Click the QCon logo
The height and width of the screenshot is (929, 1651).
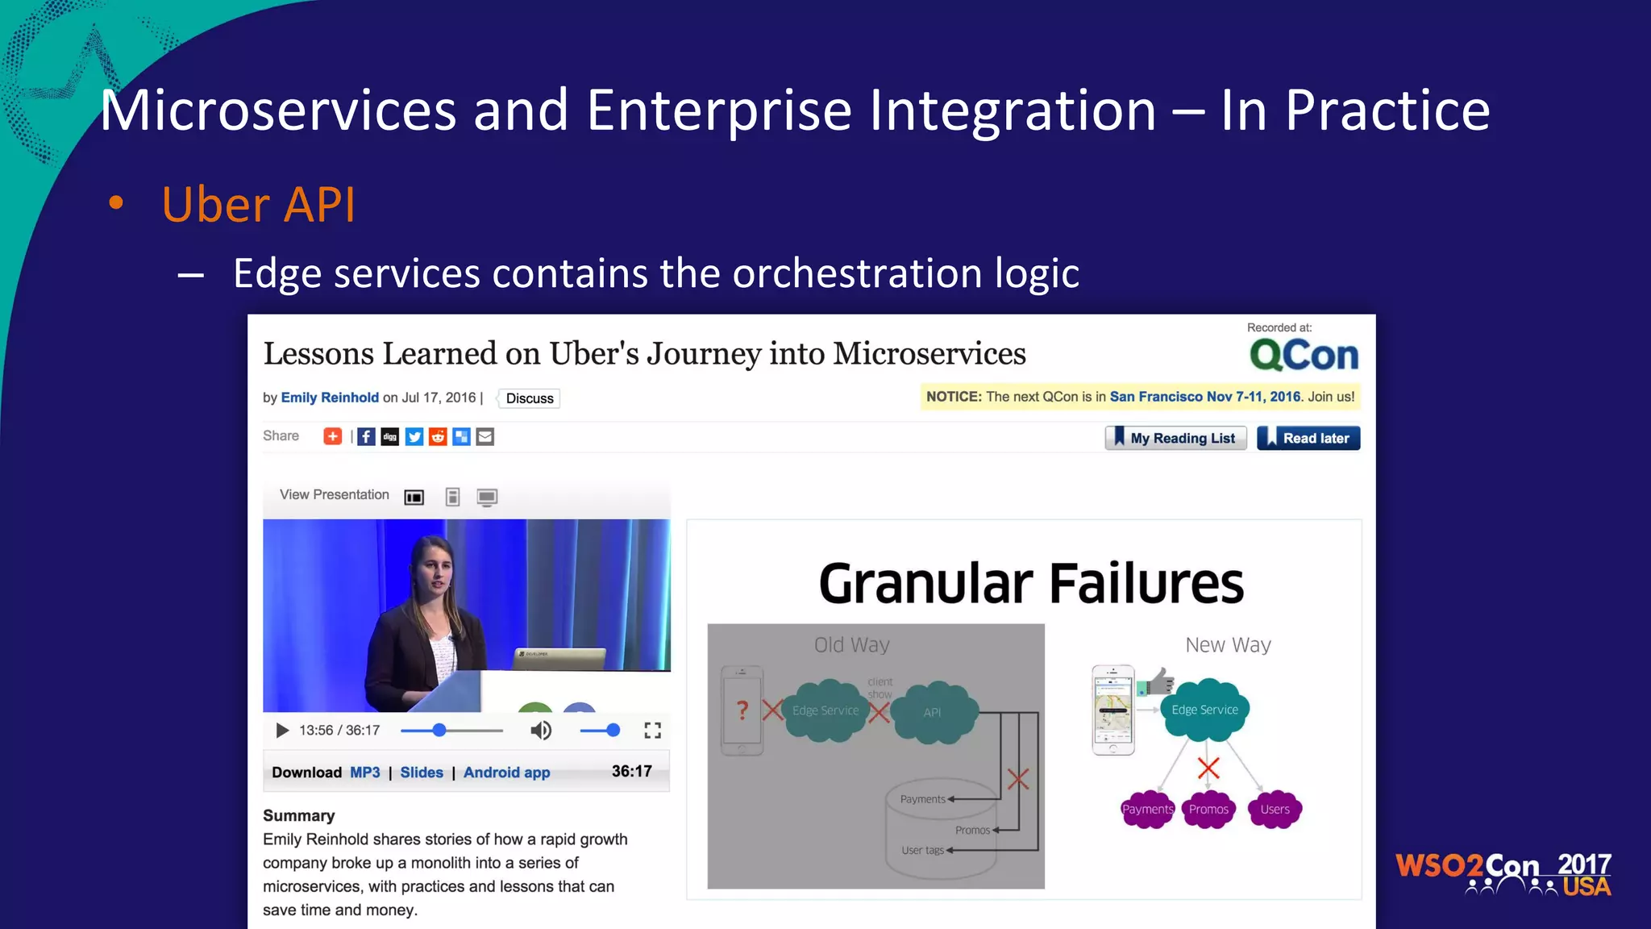[x=1304, y=355]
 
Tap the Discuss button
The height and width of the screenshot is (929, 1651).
[x=530, y=398]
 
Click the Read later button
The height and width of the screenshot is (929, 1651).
[x=1308, y=438]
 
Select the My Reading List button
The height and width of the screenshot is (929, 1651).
[x=1175, y=438]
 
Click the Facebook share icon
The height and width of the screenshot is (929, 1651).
[x=366, y=437]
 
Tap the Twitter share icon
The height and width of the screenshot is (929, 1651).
[x=414, y=437]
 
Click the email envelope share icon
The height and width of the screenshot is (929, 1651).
[x=484, y=437]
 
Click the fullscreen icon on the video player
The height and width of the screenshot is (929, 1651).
[x=652, y=731]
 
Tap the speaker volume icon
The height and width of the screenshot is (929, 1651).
[x=540, y=731]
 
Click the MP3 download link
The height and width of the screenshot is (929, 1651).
[x=364, y=773]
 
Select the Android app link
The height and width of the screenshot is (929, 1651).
[x=506, y=773]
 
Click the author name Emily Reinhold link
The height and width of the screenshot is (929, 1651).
[x=330, y=398]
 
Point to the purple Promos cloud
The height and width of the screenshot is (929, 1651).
[x=1208, y=810]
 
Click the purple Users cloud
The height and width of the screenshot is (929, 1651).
[x=1275, y=810]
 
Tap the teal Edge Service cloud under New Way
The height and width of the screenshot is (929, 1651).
[x=1204, y=710]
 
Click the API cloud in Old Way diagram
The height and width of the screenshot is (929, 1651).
[x=933, y=712]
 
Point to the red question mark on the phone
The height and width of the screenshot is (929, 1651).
[x=742, y=710]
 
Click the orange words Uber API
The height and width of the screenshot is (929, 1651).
[x=258, y=205]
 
